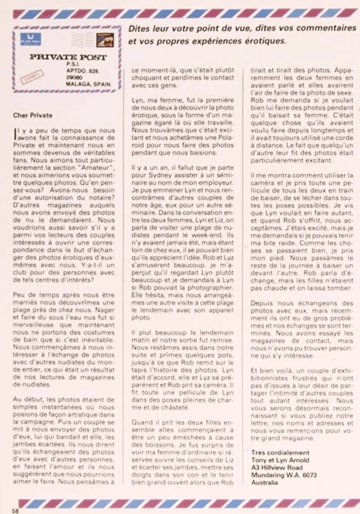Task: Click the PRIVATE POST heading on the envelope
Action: [68, 57]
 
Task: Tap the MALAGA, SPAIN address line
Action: [88, 84]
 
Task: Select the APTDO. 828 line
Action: [83, 71]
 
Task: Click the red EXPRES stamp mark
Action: [32, 76]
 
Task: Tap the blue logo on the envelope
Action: [31, 39]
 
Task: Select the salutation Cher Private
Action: [33, 115]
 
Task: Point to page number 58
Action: [15, 511]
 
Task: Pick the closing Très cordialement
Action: [280, 453]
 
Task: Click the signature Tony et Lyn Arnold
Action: [280, 460]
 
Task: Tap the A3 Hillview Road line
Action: [277, 468]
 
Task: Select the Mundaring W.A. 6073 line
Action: [284, 475]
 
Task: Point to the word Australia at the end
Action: [264, 483]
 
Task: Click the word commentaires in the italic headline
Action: [331, 28]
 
